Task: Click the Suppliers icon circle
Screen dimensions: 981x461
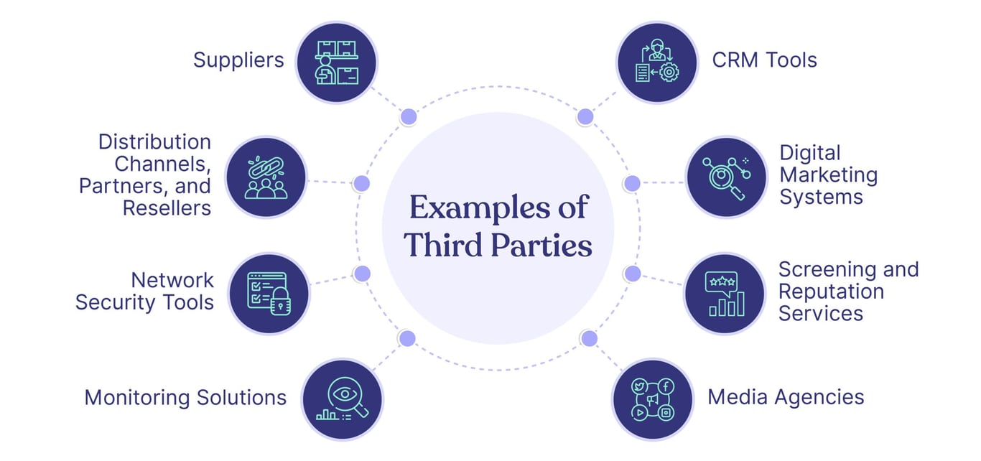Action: point(336,62)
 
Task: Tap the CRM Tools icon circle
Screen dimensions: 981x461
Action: point(657,62)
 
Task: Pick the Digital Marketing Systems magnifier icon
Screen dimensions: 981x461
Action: point(726,177)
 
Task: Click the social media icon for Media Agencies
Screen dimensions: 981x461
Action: point(653,399)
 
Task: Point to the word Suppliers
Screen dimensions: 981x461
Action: point(238,60)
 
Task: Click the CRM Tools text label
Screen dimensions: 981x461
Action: point(765,60)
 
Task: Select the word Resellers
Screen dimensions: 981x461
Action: point(167,208)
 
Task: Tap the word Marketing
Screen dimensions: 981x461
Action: point(829,175)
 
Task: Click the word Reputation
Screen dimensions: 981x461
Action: point(831,292)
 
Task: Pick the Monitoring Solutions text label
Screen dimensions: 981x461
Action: point(185,398)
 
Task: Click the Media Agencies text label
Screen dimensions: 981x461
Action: point(786,398)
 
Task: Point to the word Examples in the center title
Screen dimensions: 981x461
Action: point(479,208)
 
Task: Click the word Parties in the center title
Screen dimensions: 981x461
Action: point(541,245)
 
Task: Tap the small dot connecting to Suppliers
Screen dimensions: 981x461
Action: point(409,117)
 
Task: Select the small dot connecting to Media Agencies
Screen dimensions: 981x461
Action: point(589,338)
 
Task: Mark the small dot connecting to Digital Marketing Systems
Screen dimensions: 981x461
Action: point(632,183)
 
